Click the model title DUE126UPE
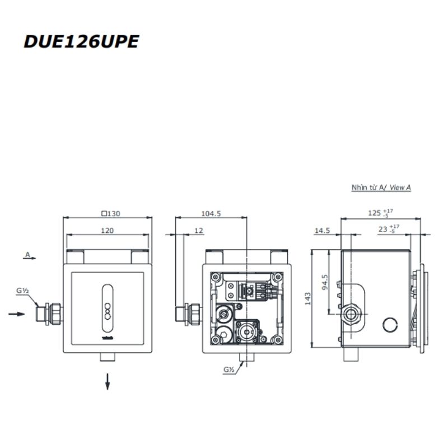(81, 41)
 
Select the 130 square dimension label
(111, 213)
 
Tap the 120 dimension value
(108, 231)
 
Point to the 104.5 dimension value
(211, 213)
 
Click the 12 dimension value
(199, 231)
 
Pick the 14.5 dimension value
(322, 231)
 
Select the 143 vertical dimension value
(307, 299)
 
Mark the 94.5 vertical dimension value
(325, 282)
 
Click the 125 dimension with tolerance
(380, 213)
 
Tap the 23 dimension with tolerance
(389, 229)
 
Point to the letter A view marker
(27, 254)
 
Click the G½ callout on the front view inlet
(22, 291)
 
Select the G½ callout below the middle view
(228, 370)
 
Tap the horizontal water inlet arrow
(17, 314)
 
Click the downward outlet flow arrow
(108, 381)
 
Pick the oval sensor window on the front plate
(108, 308)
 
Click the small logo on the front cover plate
(108, 338)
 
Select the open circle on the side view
(390, 325)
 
